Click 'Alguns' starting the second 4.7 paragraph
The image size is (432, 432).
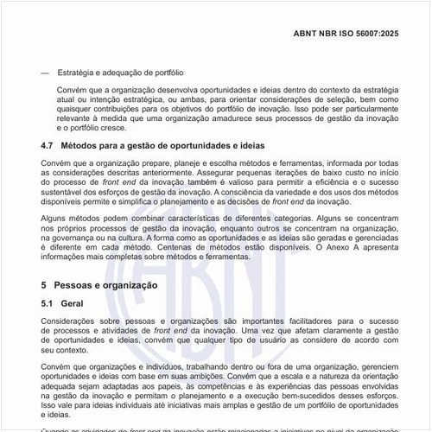coord(55,221)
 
